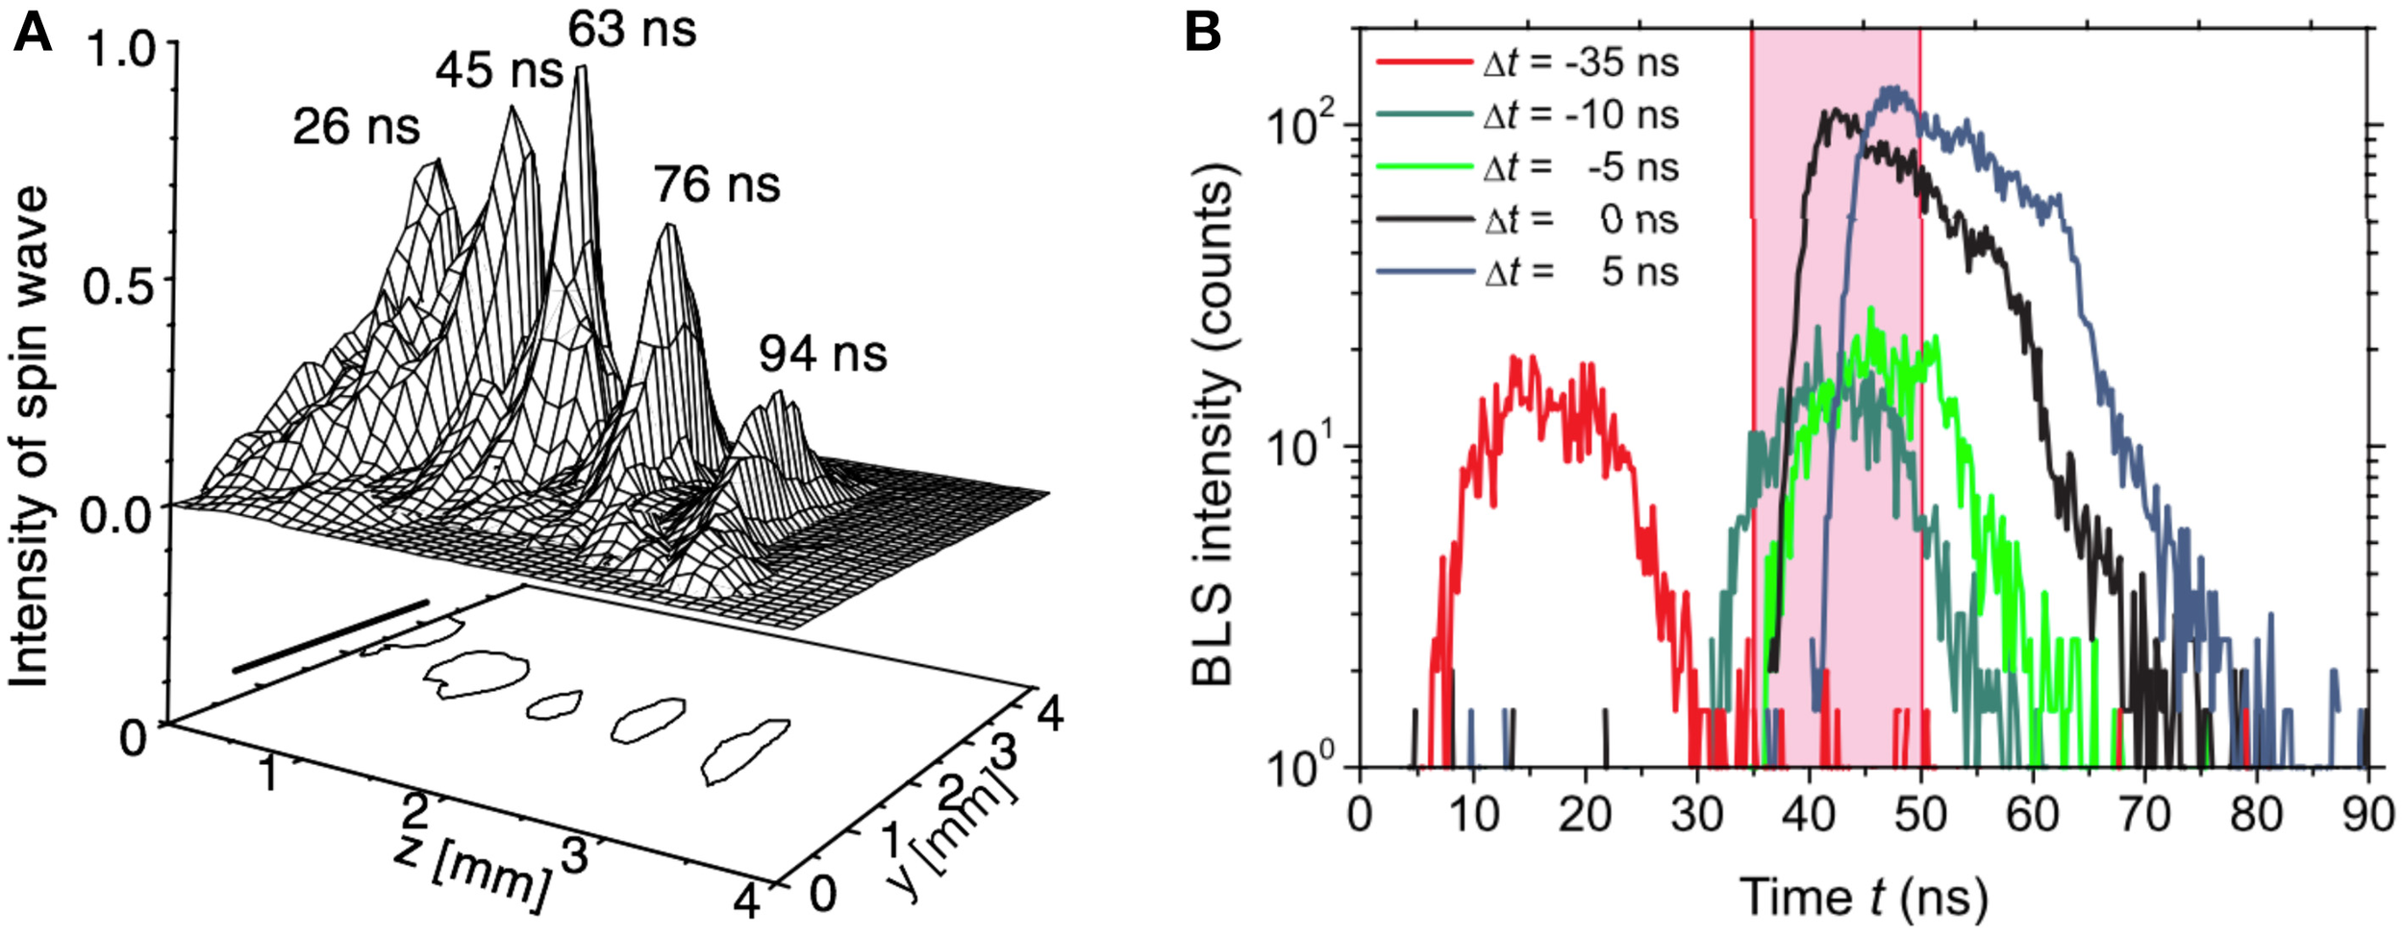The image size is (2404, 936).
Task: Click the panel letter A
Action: [x=32, y=34]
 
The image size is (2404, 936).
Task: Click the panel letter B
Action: [x=1202, y=34]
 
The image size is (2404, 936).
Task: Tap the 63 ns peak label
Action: [x=632, y=29]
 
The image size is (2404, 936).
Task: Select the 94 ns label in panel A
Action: [x=822, y=354]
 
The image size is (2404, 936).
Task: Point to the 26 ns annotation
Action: [x=356, y=127]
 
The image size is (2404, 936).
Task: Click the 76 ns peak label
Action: [x=717, y=184]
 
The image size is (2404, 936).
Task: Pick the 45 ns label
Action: [x=498, y=70]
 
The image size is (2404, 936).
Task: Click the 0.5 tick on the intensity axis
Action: [x=118, y=285]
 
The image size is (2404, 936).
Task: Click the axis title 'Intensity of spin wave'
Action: [x=29, y=437]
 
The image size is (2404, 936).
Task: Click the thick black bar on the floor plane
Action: [x=330, y=636]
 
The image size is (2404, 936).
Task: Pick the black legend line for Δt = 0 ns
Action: [x=1424, y=220]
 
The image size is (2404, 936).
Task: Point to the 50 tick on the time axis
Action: [x=1921, y=815]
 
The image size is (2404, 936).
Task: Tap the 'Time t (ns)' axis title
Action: [x=1863, y=897]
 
